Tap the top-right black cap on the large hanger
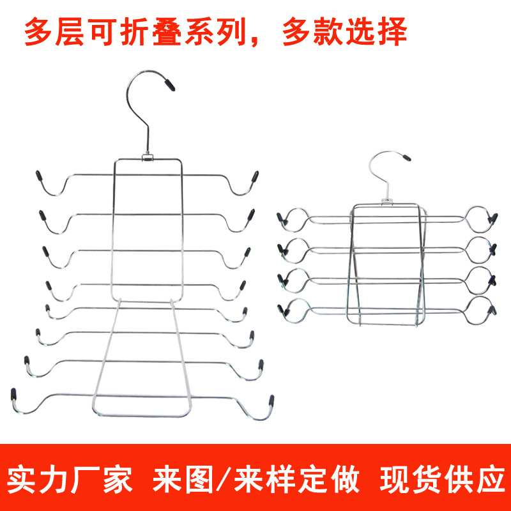tap(255, 176)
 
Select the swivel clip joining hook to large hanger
tap(147, 155)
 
